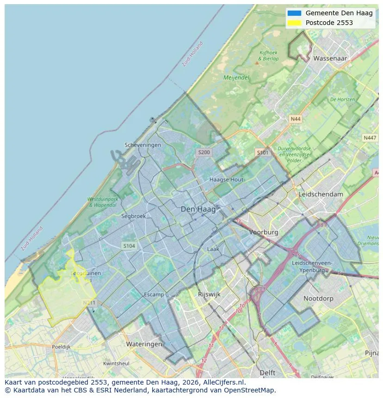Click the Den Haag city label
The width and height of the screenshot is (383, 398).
[198, 209]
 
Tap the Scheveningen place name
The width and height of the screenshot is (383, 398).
[143, 145]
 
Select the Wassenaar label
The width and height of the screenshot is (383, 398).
[330, 59]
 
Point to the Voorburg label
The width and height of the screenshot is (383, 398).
[264, 233]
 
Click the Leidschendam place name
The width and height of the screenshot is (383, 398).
[321, 194]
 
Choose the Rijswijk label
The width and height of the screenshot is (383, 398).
[209, 294]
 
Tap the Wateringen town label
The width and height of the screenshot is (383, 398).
[144, 344]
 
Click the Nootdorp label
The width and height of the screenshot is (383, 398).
[318, 299]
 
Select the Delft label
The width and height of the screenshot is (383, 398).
[267, 373]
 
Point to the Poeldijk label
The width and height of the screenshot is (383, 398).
[61, 346]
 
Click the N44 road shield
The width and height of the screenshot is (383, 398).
[295, 119]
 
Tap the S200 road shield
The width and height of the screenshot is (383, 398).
[204, 152]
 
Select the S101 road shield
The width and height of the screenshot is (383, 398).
[262, 152]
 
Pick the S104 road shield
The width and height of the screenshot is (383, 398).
[129, 246]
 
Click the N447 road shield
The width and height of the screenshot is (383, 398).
[370, 138]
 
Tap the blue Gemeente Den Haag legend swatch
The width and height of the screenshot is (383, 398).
[294, 13]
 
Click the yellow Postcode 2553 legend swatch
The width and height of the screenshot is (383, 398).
[294, 23]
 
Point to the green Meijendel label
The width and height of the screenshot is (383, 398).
[236, 78]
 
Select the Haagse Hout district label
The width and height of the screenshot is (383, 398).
[226, 179]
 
